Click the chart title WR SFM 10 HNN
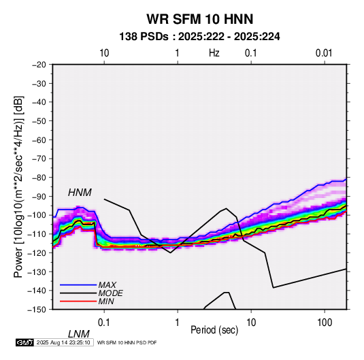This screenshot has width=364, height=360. (x=199, y=19)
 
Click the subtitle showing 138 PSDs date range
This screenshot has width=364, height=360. (x=199, y=37)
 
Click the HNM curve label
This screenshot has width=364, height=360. (x=80, y=193)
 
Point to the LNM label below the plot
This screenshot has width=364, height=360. (x=78, y=334)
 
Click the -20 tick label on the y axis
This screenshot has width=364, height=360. (x=39, y=65)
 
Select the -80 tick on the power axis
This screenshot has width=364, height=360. (x=39, y=178)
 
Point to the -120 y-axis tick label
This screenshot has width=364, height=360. (x=37, y=252)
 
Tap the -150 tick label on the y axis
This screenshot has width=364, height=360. (x=37, y=310)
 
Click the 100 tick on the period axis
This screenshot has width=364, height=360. (x=325, y=323)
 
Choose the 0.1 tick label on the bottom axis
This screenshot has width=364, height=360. (x=104, y=323)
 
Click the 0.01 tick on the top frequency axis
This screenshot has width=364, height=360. (x=324, y=53)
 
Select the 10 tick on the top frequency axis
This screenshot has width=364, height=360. (x=104, y=53)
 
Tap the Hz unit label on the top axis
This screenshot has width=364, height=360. (x=214, y=53)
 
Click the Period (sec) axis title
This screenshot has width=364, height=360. (x=214, y=330)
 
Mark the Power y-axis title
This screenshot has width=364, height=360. (x=18, y=187)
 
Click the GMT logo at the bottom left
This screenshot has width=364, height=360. (x=25, y=342)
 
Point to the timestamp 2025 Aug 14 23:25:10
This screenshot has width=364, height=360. (x=63, y=342)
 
